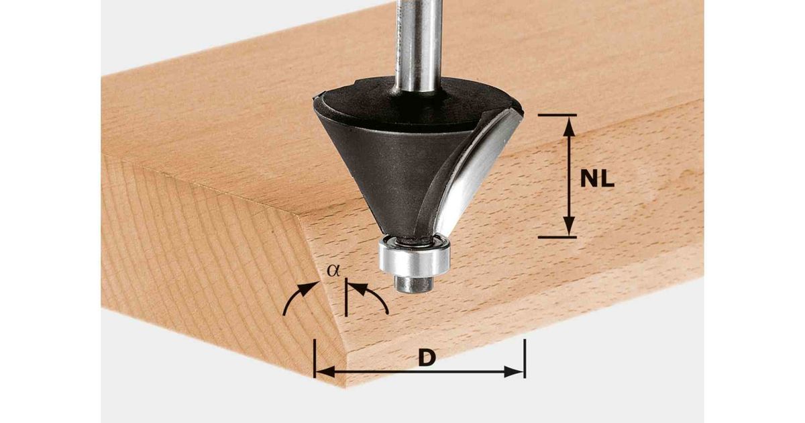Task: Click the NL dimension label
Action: click(x=597, y=179)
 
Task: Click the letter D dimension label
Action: click(x=427, y=359)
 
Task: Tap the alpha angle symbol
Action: click(x=333, y=271)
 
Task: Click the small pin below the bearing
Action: click(x=414, y=284)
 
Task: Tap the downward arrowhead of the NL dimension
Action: click(x=568, y=226)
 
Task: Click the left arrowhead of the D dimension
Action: click(x=325, y=372)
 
